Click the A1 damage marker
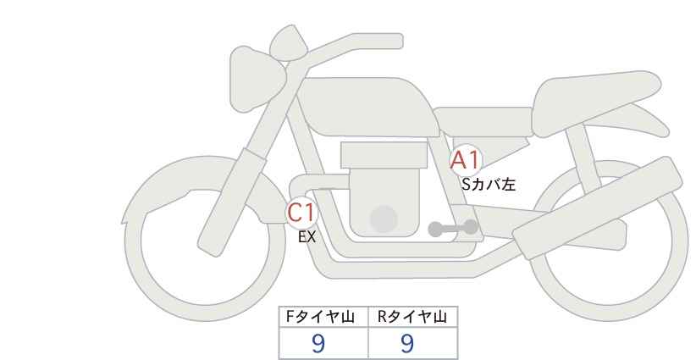(465, 160)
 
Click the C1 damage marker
(301, 212)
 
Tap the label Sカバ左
(489, 184)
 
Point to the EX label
(307, 237)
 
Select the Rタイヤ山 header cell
(413, 317)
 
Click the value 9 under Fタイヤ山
(318, 343)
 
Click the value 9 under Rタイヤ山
(407, 343)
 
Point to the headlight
(255, 79)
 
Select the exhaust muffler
(597, 207)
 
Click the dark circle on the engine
(384, 219)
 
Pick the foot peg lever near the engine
(453, 228)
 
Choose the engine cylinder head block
(384, 155)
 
